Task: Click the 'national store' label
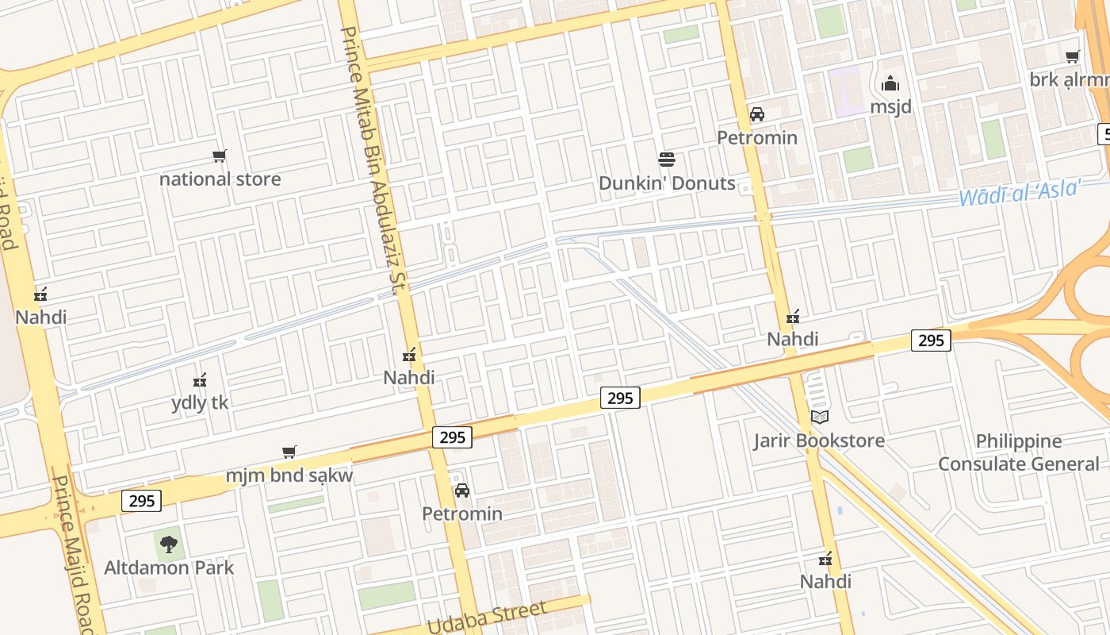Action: (x=220, y=179)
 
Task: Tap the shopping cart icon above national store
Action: (x=220, y=156)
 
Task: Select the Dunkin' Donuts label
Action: (x=667, y=183)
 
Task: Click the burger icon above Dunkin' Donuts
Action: (x=667, y=160)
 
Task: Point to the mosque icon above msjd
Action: (x=890, y=83)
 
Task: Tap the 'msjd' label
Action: (x=890, y=106)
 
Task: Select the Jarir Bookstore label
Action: (x=819, y=441)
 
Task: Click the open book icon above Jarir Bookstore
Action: (x=819, y=417)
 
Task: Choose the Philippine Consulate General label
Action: (x=1019, y=452)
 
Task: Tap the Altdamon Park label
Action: (x=169, y=568)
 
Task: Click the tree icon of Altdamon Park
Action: (x=168, y=545)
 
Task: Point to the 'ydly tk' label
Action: (x=200, y=403)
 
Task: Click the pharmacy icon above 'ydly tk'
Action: (x=200, y=380)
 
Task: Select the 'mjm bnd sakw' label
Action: (x=289, y=475)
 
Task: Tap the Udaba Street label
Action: (x=487, y=618)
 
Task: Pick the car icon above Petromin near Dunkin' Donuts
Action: (x=757, y=114)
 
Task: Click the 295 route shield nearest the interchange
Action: (x=931, y=341)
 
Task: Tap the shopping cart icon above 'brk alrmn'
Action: (x=1073, y=56)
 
